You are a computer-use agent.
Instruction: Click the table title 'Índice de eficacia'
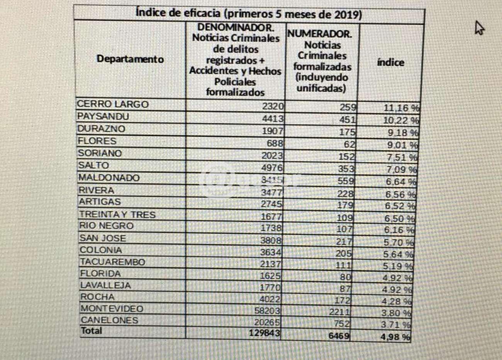pyautogui.click(x=249, y=14)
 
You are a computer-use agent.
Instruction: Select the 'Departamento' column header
pyautogui.click(x=130, y=59)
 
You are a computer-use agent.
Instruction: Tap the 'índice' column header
pyautogui.click(x=390, y=63)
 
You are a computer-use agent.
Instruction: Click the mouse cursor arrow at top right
pyautogui.click(x=479, y=28)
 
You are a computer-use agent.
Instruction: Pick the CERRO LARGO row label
pyautogui.click(x=113, y=104)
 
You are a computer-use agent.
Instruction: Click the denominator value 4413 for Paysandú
pyautogui.click(x=273, y=119)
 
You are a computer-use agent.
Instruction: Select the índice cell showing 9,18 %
pyautogui.click(x=402, y=133)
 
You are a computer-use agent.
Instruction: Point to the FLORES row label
pyautogui.click(x=97, y=141)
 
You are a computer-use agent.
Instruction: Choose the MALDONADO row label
pyautogui.click(x=109, y=178)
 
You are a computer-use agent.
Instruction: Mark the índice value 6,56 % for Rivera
pyautogui.click(x=400, y=194)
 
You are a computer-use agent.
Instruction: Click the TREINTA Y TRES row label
pyautogui.click(x=117, y=215)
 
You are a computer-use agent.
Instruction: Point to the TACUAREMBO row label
pyautogui.click(x=112, y=262)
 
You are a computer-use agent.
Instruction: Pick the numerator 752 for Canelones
pyautogui.click(x=341, y=324)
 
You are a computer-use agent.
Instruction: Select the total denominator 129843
pyautogui.click(x=264, y=333)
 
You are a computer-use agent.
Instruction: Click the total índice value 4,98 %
pyautogui.click(x=395, y=337)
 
